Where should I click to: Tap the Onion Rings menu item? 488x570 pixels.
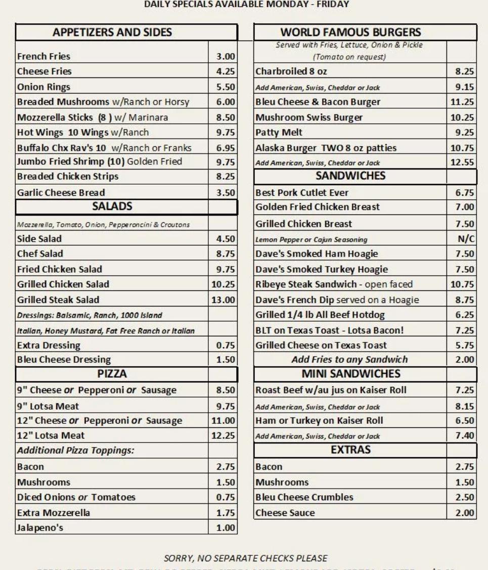pyautogui.click(x=43, y=86)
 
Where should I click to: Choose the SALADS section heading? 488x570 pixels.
pyautogui.click(x=112, y=206)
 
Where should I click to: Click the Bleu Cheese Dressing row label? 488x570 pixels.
pyautogui.click(x=64, y=360)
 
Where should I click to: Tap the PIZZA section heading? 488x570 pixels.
pyautogui.click(x=112, y=375)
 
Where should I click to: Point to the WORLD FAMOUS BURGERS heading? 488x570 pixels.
pyautogui.click(x=365, y=32)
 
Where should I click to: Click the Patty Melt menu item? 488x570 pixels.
pyautogui.click(x=279, y=133)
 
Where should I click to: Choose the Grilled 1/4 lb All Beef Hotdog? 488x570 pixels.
pyautogui.click(x=314, y=315)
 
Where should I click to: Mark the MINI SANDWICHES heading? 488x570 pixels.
pyautogui.click(x=365, y=374)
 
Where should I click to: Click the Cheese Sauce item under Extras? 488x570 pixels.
pyautogui.click(x=285, y=512)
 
